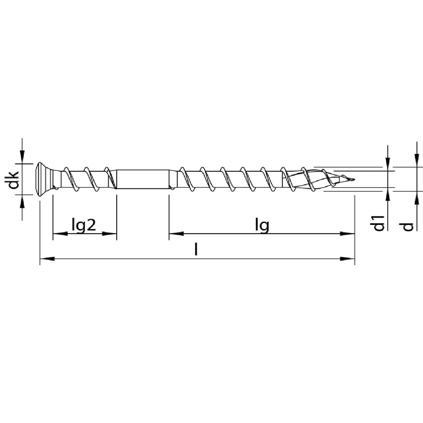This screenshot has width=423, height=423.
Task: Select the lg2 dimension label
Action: (x=84, y=225)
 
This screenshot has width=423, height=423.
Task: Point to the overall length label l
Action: (x=196, y=249)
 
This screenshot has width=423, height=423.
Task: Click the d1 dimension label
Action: (x=379, y=223)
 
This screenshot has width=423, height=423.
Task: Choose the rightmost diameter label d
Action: (x=408, y=227)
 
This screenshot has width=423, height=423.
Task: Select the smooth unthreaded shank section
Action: (x=143, y=179)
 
